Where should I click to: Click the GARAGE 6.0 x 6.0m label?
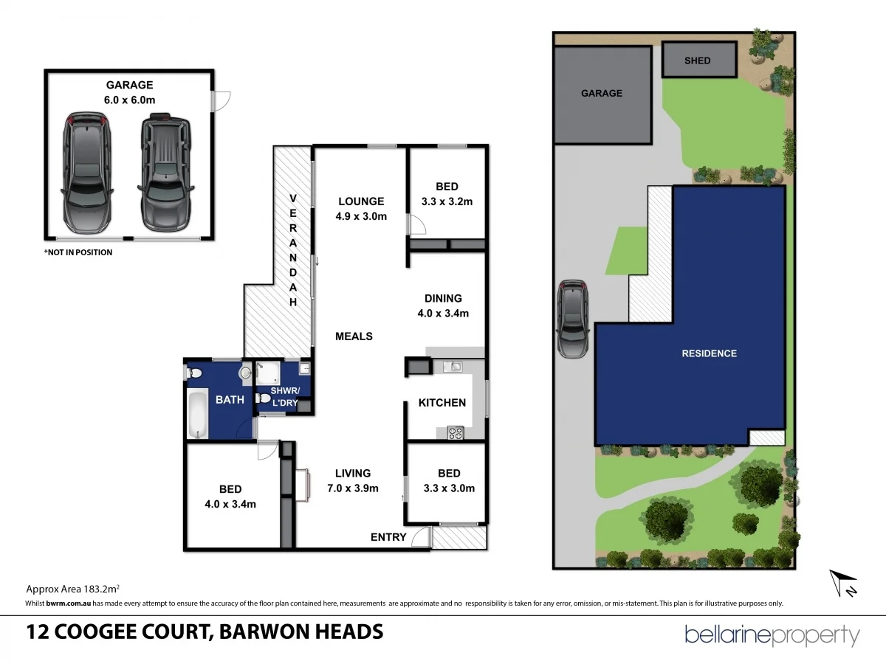pos(129,92)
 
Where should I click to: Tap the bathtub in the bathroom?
pos(196,414)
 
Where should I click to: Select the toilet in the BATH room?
pos(195,374)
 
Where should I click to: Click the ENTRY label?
pos(388,536)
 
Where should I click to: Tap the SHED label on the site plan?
pos(698,60)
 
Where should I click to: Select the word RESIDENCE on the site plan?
pos(709,353)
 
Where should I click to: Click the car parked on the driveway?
pos(573,319)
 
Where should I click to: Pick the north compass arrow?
pos(842,583)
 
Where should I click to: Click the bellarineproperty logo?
pos(772,634)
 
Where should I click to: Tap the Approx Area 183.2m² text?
pos(73,589)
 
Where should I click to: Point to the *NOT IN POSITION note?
pos(78,252)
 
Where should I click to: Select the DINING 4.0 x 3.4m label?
pos(443,305)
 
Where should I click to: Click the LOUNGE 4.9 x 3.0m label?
pos(361,208)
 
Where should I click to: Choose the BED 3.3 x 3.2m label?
pos(447,193)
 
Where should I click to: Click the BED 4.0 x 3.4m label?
pos(230,497)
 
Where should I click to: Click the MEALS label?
pos(354,336)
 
